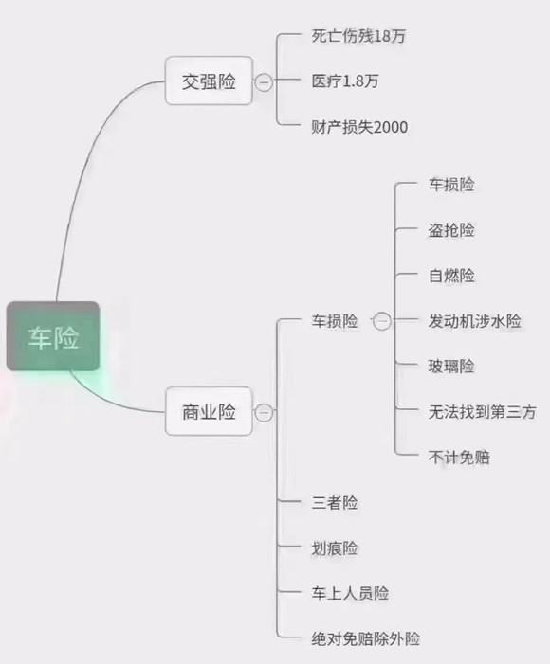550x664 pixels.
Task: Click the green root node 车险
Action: coord(53,336)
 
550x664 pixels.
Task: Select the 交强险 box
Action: coord(209,81)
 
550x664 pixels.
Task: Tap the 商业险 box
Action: coord(209,411)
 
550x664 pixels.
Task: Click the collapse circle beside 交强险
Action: coord(264,81)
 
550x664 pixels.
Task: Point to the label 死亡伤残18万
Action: coord(358,36)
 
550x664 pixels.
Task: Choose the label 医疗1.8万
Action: coord(345,81)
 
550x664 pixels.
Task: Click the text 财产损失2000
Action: coord(359,127)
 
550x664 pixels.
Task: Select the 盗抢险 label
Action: coord(451,230)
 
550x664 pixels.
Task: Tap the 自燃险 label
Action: coord(451,276)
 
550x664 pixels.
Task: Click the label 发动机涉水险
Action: coord(474,321)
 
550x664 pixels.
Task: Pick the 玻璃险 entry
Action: coord(451,367)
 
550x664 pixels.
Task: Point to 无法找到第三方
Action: coord(482,412)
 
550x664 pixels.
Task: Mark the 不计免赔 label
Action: coord(459,458)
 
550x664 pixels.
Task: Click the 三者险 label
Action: coord(335,503)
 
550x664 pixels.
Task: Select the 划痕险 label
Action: coord(335,548)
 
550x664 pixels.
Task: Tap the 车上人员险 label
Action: coord(350,593)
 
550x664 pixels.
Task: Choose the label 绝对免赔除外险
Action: coord(365,638)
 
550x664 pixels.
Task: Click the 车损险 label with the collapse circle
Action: coord(335,321)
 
